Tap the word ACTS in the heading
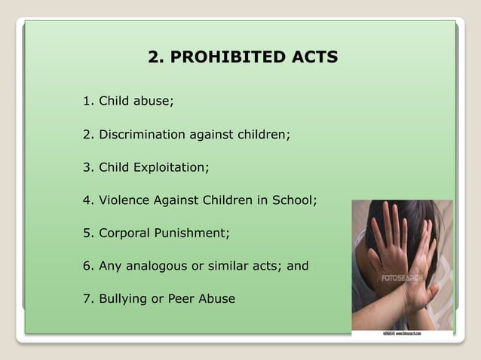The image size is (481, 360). pyautogui.click(x=312, y=57)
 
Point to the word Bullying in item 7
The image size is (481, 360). pyautogui.click(x=122, y=299)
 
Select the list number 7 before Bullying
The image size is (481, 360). pyautogui.click(x=87, y=299)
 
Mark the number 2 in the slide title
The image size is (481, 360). pyautogui.click(x=155, y=57)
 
